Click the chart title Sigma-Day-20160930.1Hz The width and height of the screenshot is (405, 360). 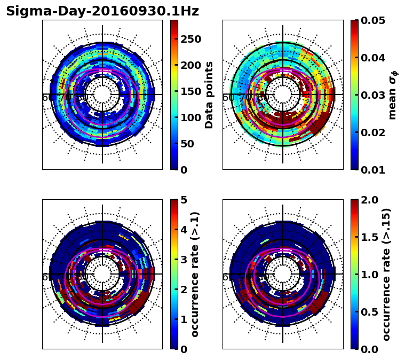click(102, 11)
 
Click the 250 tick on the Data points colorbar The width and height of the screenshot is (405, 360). click(190, 39)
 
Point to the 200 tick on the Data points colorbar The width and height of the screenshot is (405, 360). click(190, 65)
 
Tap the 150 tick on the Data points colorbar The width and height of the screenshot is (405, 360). click(190, 91)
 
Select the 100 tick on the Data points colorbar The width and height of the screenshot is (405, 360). click(190, 118)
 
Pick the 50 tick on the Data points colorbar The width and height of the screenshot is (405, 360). click(187, 144)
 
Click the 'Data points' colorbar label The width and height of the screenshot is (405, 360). click(209, 95)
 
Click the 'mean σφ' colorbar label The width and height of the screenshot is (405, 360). click(393, 95)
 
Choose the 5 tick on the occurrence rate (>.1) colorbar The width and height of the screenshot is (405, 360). click(184, 200)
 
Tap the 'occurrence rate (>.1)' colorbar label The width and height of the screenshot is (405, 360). click(195, 275)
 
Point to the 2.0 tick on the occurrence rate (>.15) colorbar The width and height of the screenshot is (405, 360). click(370, 200)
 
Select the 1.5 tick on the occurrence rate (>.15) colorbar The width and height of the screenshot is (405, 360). click(370, 237)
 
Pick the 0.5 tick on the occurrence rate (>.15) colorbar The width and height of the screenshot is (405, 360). click(370, 312)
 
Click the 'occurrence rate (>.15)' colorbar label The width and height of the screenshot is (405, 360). click(386, 275)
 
